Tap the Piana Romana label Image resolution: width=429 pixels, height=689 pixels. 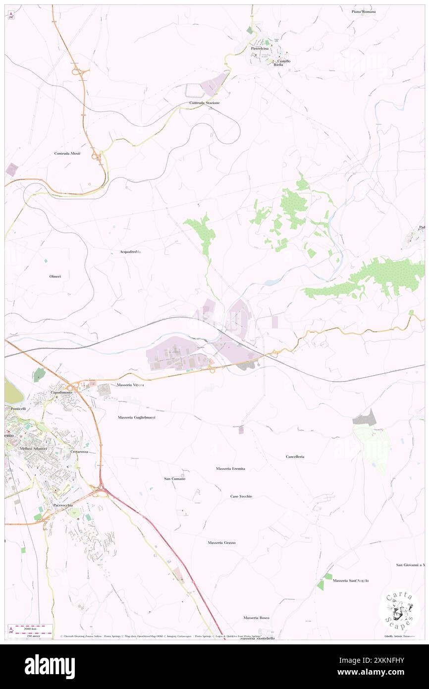pos(363,11)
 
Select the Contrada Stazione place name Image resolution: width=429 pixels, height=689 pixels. pos(204,103)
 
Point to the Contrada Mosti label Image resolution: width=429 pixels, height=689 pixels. pos(67,154)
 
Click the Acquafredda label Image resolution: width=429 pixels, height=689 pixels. pos(131,252)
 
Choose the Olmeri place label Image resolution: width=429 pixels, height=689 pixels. pos(55,276)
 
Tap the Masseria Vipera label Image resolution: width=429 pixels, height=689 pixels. pos(130,385)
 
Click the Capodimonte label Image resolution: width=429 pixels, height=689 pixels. pos(62,392)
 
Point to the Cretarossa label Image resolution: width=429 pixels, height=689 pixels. pos(79,452)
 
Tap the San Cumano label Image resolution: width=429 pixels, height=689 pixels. pos(175,479)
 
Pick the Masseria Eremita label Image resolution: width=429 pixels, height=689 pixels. pos(230,468)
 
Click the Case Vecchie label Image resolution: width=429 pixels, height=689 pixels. pos(241,496)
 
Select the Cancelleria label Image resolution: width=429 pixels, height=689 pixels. pos(295,457)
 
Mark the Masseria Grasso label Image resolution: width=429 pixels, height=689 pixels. pos(221,543)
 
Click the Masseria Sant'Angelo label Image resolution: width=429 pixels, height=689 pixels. pos(351,580)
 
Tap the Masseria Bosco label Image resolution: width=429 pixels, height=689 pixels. pos(256,618)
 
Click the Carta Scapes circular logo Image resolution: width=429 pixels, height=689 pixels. pos(399,610)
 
